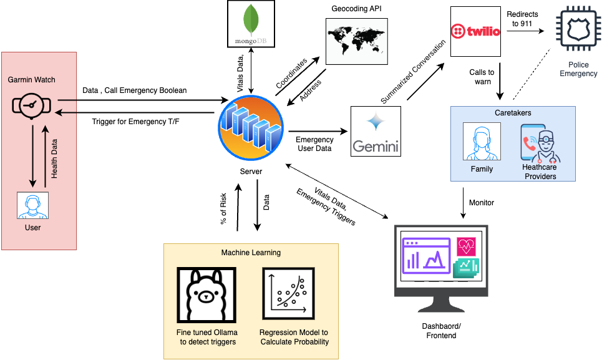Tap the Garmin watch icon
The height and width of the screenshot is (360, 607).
click(x=31, y=107)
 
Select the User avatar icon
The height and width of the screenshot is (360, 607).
click(x=32, y=205)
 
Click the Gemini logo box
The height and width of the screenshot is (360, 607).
click(x=376, y=130)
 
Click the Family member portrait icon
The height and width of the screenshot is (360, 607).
click(x=482, y=142)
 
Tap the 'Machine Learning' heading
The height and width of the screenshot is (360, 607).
click(x=251, y=253)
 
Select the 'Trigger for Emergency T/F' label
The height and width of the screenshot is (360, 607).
click(x=135, y=122)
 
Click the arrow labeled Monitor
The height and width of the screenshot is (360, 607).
click(x=463, y=203)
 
